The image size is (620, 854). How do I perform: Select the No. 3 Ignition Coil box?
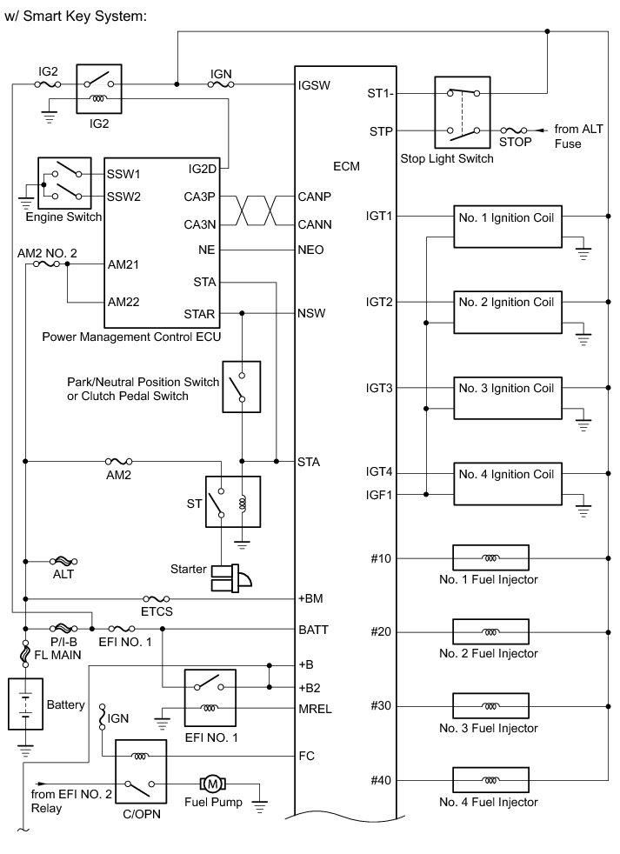pos(505,397)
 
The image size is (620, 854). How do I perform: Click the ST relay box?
pos(231,502)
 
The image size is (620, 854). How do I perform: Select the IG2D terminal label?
pos(203,168)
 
